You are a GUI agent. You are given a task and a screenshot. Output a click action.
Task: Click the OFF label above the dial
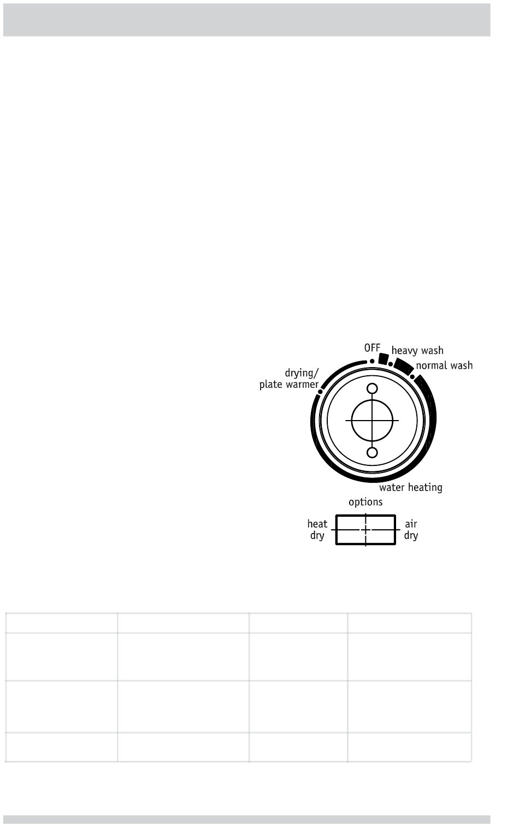tap(372, 348)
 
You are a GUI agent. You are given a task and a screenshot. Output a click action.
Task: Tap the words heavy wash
tap(417, 350)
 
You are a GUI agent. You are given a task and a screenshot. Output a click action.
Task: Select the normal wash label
tap(445, 365)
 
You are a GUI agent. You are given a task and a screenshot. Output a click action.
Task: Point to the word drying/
tap(302, 374)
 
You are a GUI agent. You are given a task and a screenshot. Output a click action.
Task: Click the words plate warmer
tap(289, 385)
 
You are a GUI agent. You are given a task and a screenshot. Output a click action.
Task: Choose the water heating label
tap(411, 488)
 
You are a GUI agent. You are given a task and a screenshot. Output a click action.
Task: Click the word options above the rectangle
tap(365, 503)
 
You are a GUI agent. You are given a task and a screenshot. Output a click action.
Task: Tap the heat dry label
tap(317, 530)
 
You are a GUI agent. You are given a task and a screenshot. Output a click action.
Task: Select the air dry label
tap(411, 530)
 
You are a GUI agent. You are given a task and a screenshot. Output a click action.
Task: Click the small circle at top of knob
tap(372, 388)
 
